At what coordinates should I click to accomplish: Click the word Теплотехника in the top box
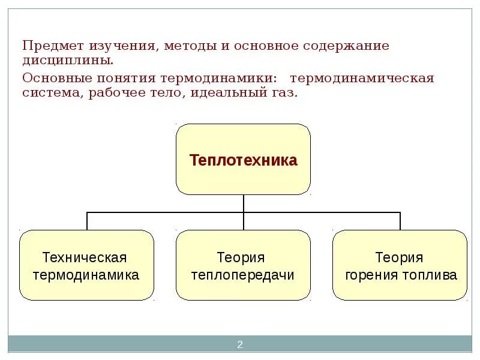[x=243, y=160]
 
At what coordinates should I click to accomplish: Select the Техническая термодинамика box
[x=86, y=265]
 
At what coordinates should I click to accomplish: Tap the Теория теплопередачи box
[x=243, y=265]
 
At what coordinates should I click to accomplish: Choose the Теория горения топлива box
[x=400, y=265]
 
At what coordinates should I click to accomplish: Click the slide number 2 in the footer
[x=239, y=344]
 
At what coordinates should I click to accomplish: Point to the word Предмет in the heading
[x=53, y=46]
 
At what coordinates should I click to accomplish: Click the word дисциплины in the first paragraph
[x=67, y=61]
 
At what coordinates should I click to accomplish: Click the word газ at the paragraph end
[x=284, y=94]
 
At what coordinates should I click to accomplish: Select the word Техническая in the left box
[x=85, y=257]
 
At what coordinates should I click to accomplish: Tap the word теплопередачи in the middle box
[x=242, y=275]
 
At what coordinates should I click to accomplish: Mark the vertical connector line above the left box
[x=87, y=221]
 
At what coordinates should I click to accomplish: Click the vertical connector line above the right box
[x=400, y=221]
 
